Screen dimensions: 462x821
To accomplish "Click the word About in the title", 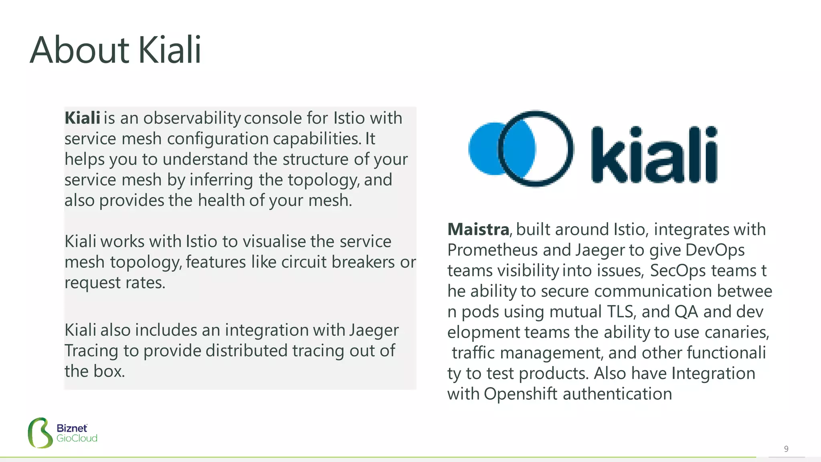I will click(79, 50).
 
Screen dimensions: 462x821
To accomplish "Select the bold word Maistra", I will click(478, 229).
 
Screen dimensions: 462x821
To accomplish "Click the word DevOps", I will click(715, 250).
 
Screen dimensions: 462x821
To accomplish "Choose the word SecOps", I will click(677, 271).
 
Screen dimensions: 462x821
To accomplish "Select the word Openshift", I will click(520, 394).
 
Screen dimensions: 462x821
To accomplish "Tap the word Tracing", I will click(91, 351).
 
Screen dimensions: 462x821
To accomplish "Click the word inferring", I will click(221, 180).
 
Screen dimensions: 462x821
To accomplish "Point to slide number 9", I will click(786, 449).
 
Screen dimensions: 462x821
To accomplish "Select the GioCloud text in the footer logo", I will click(77, 438).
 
